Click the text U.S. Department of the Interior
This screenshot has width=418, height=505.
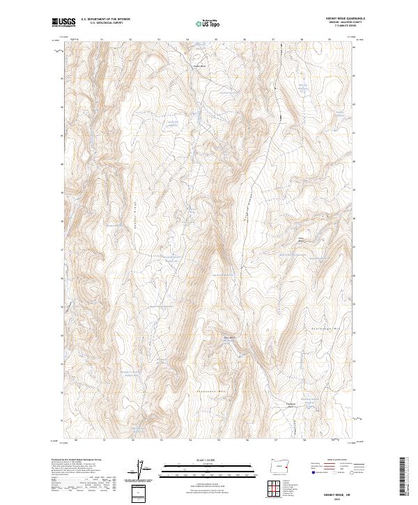[x=105, y=19]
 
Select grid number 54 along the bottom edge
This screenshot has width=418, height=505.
[x=189, y=440]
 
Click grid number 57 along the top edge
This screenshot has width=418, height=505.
[x=273, y=40]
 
